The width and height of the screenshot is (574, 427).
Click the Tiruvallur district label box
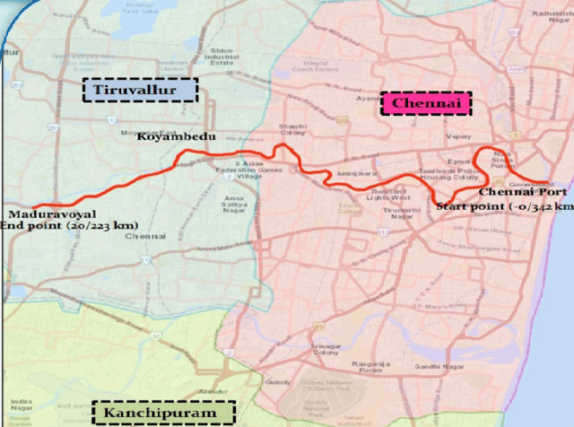pyautogui.click(x=140, y=90)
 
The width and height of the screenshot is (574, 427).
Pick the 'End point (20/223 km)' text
pyautogui.click(x=52, y=227)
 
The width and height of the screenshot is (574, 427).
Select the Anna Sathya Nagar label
pyautogui.click(x=235, y=202)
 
